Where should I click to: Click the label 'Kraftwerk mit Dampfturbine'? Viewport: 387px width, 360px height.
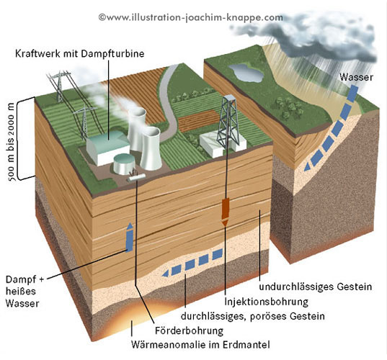80,54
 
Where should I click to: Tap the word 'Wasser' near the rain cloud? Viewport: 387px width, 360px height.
356,77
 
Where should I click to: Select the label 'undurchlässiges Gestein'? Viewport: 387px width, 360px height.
316,287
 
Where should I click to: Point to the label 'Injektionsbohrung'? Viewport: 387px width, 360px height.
267,302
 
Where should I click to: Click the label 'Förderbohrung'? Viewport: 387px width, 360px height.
190,330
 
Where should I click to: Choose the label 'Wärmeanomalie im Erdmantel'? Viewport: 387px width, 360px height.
200,344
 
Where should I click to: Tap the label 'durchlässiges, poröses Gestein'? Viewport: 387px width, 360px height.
253,316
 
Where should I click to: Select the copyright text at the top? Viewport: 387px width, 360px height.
190,17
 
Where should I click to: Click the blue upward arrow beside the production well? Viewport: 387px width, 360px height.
129,237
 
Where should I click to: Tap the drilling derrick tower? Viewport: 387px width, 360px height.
228,121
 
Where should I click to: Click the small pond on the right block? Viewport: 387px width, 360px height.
246,73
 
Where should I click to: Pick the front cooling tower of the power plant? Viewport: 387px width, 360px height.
151,149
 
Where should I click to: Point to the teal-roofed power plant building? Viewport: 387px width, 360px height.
108,148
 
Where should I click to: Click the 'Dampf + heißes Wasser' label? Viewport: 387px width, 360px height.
25,291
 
